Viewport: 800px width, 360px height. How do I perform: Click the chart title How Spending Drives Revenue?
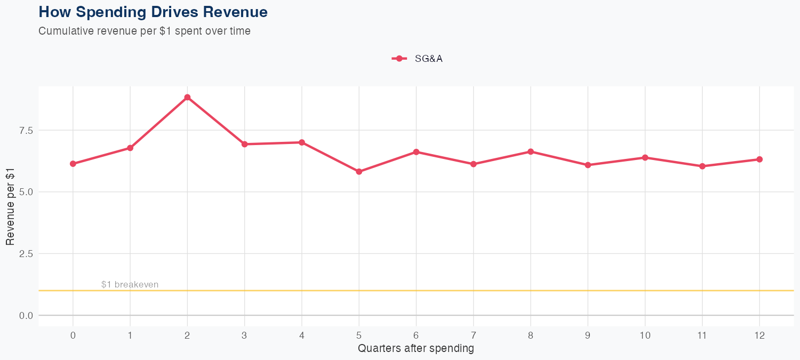point(153,12)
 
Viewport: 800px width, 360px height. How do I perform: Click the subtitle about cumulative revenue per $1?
point(144,31)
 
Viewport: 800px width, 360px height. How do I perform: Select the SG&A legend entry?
point(417,59)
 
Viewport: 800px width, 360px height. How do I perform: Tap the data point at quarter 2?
point(187,97)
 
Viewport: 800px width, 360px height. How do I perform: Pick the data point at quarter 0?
point(73,164)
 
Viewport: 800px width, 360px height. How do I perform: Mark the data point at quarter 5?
point(359,172)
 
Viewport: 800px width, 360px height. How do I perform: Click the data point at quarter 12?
point(759,159)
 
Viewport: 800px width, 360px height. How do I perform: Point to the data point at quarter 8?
point(531,151)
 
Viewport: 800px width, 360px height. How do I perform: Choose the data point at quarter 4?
point(302,142)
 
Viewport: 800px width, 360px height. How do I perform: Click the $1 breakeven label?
point(130,285)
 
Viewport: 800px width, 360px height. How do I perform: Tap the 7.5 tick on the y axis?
point(25,130)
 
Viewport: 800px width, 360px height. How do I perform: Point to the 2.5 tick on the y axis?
point(25,254)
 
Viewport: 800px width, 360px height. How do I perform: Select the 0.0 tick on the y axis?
point(25,316)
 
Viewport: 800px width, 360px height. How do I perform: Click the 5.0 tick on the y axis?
point(25,192)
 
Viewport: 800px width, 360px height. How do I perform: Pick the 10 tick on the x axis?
point(645,335)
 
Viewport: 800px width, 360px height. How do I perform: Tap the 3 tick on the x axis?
point(244,335)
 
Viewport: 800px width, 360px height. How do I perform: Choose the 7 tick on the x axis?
point(474,335)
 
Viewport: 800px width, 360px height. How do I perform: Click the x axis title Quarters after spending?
point(416,349)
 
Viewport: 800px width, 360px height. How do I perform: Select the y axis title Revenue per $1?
point(10,206)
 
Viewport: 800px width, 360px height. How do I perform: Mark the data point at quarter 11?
point(702,166)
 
